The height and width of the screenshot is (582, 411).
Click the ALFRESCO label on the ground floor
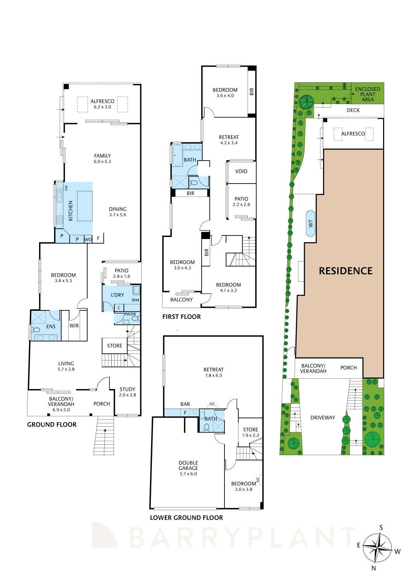[x=102, y=101]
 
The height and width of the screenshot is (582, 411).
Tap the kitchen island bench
[x=85, y=206]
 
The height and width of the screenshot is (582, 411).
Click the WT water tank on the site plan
[x=311, y=223]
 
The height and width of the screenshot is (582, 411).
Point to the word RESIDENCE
[x=345, y=271]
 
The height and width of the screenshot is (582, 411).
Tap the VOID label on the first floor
[x=241, y=171]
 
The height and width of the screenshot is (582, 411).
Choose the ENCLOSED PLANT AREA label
[x=368, y=94]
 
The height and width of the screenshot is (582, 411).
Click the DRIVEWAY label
[x=322, y=417]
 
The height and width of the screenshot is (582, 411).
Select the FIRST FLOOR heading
[x=181, y=317]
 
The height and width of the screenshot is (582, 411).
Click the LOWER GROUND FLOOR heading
[x=186, y=517]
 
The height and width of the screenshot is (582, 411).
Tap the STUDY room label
[x=127, y=389]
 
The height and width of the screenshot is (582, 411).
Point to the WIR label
[x=74, y=326]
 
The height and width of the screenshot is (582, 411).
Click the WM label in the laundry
[x=135, y=300]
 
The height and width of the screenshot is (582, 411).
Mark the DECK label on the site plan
[x=353, y=110]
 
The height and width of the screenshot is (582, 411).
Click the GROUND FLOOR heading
[x=52, y=424]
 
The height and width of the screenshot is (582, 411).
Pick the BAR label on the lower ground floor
[x=185, y=404]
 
